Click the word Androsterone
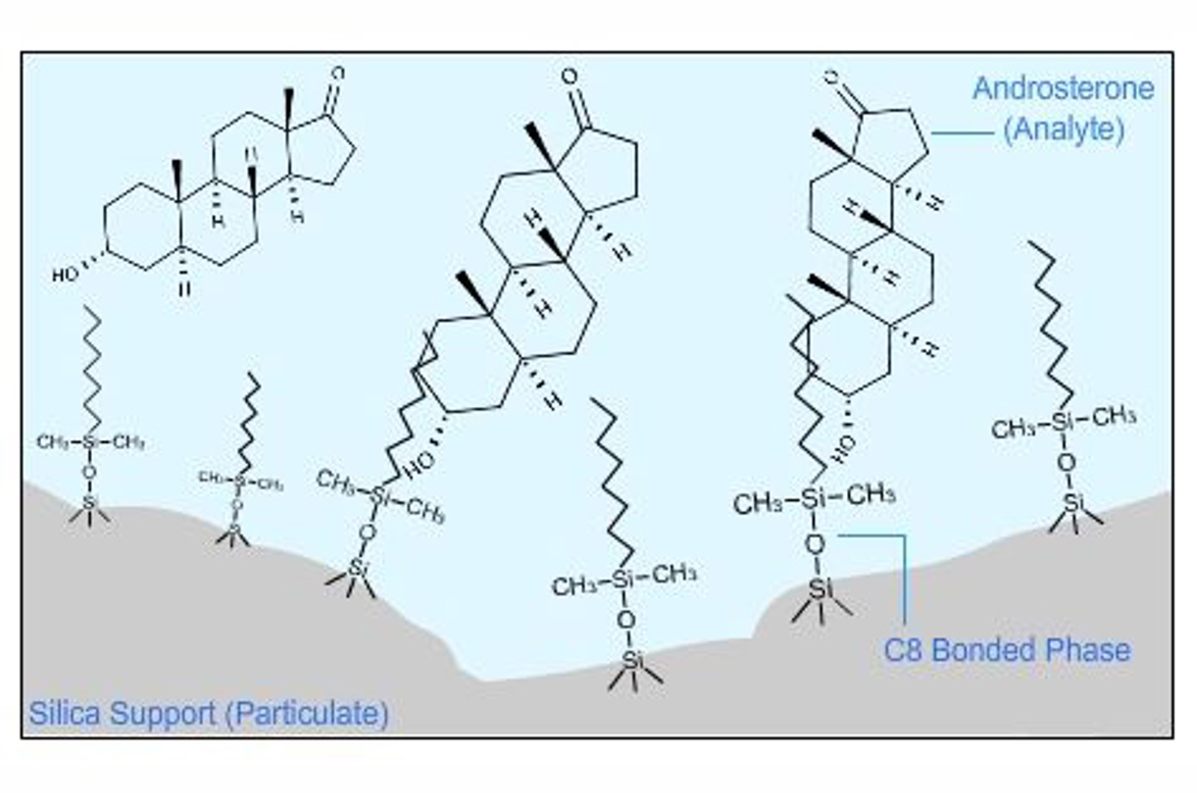[x=1062, y=89]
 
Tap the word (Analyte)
[x=1063, y=130]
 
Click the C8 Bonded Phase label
[x=1007, y=649]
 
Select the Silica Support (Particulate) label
[x=209, y=713]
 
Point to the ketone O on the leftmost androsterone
[x=338, y=73]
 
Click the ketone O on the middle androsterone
[x=570, y=76]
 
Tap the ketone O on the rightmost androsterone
[x=830, y=76]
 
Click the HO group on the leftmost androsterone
[x=64, y=275]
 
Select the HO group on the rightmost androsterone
[x=844, y=447]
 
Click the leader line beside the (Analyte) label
[x=961, y=133]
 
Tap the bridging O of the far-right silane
[x=1066, y=463]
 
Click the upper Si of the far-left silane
[x=90, y=442]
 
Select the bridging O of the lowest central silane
[x=627, y=619]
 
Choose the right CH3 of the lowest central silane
[x=674, y=575]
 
